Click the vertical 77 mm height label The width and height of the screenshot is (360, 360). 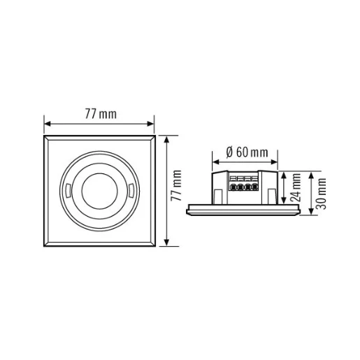(x=178, y=190)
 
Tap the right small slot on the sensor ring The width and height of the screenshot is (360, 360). (x=132, y=190)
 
